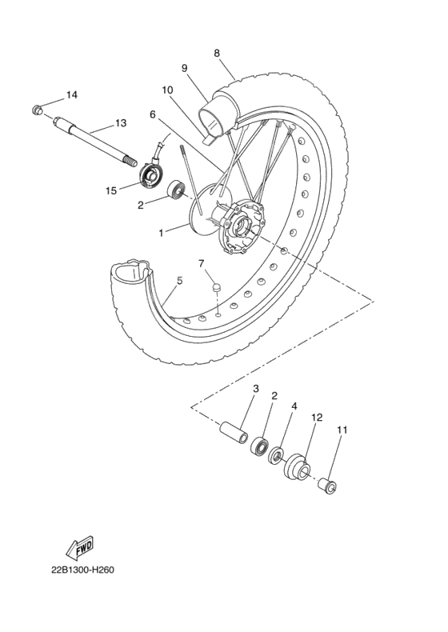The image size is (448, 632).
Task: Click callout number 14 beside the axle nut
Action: click(72, 95)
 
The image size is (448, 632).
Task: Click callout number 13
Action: click(121, 123)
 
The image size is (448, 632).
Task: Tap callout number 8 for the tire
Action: click(217, 53)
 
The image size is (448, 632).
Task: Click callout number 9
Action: click(184, 68)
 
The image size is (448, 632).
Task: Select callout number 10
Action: click(168, 90)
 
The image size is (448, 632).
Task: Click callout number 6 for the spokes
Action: click(152, 114)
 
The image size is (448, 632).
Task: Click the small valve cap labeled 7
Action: click(215, 285)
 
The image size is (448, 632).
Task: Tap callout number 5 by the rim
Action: click(180, 281)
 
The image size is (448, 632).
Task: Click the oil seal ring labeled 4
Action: click(275, 456)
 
